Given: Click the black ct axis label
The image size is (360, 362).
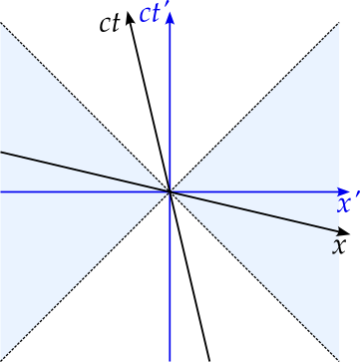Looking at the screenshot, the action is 110,23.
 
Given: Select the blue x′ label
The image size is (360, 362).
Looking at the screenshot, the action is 347,204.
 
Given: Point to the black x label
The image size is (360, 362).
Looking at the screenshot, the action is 339,245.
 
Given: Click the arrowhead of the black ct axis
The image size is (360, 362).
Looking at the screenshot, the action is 129,16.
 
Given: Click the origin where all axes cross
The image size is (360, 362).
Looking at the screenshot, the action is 171,191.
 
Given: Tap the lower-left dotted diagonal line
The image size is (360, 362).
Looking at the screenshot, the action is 80,282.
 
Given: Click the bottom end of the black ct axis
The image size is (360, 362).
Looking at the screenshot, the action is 209,360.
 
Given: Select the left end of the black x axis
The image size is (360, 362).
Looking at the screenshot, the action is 2,153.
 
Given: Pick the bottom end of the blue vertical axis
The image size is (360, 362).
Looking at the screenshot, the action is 171,359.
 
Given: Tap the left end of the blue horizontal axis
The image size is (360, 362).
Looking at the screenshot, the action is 2,191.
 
